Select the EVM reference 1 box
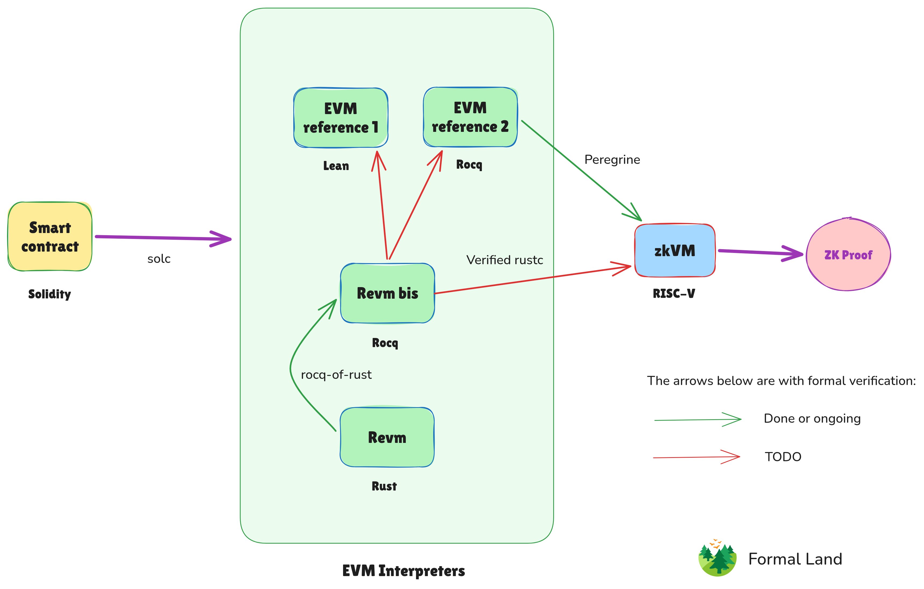341,118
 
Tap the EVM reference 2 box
470,117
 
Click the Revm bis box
387,293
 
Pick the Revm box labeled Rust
387,438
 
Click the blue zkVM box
675,251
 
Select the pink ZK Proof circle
848,255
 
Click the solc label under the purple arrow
159,259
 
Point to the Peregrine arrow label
612,160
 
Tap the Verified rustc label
505,260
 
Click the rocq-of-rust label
336,375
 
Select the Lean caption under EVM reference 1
336,166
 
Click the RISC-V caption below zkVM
674,294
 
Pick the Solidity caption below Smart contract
50,294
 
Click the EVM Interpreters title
403,571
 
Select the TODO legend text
783,457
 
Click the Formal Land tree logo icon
717,558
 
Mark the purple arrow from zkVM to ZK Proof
760,252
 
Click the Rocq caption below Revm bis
385,343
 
